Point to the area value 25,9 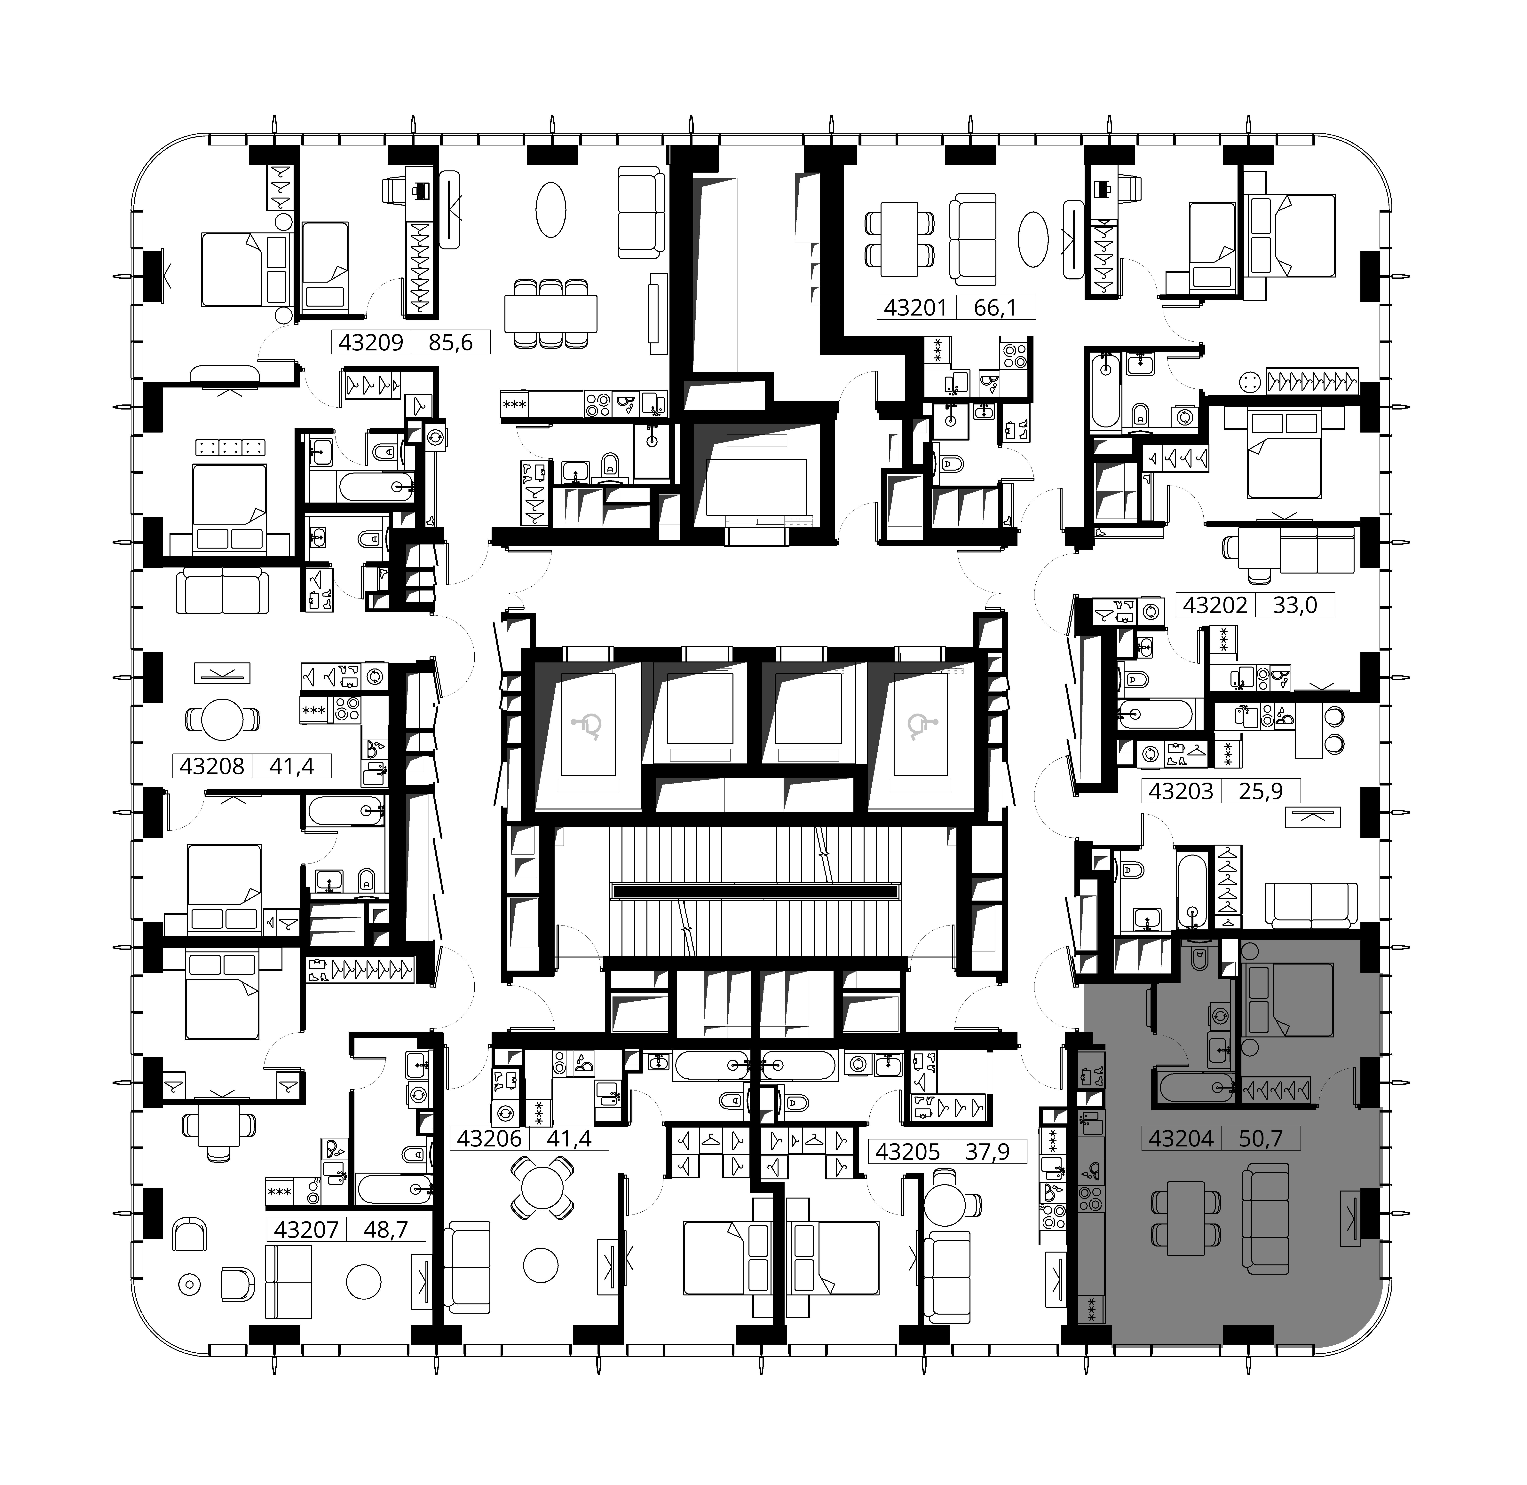click(1261, 792)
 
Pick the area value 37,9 click(987, 1151)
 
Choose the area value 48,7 click(386, 1230)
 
